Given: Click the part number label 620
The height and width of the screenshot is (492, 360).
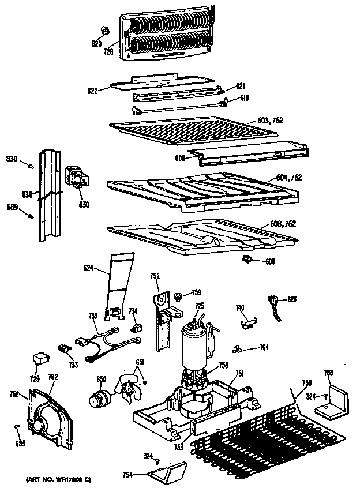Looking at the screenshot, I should [x=96, y=44].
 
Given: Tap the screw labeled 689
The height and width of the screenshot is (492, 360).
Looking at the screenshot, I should [x=30, y=215].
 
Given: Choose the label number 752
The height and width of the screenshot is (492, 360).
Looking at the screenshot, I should [x=155, y=276].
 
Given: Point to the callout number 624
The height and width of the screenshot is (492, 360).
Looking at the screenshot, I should [x=88, y=268].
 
